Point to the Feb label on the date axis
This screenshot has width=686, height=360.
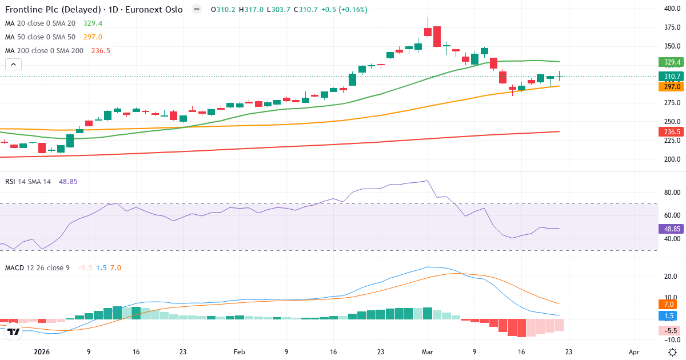click(240, 353)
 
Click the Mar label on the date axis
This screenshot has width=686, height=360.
click(428, 353)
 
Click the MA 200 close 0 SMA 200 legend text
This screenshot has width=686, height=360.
click(44, 51)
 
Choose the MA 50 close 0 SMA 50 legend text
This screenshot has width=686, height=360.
click(40, 37)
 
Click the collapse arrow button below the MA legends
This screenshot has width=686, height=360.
click(13, 64)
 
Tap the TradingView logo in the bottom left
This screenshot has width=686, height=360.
click(14, 331)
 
